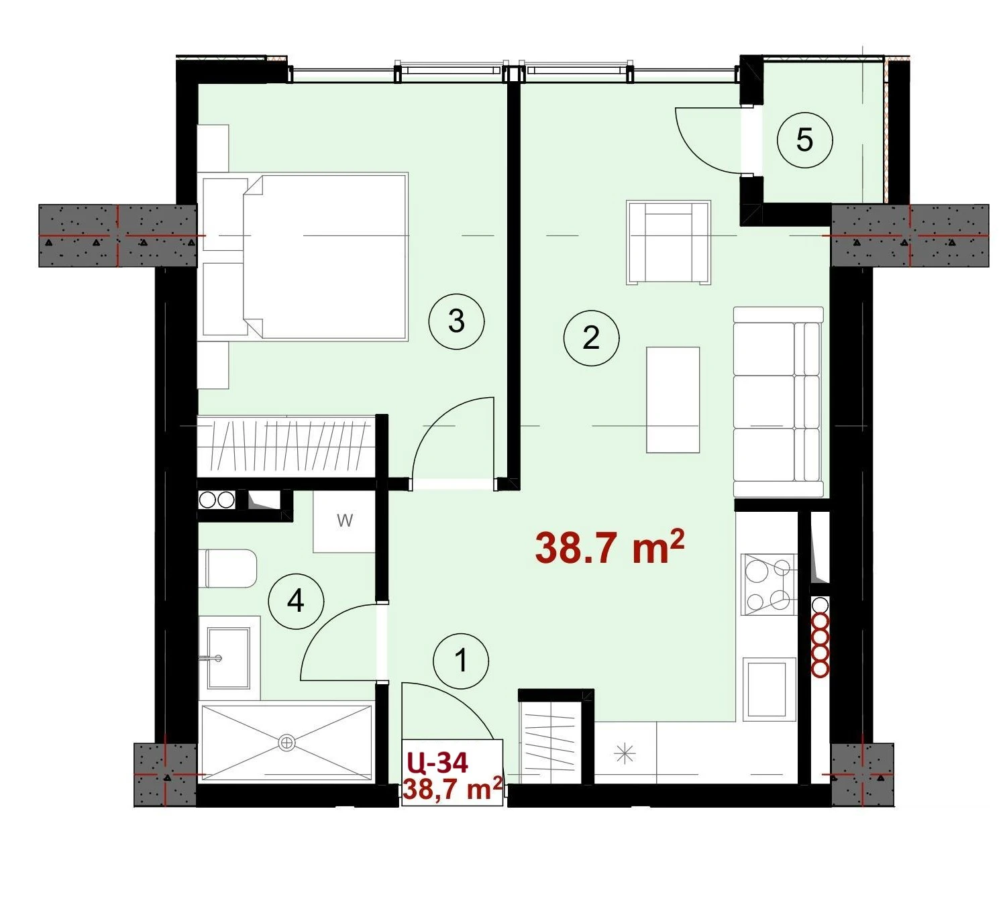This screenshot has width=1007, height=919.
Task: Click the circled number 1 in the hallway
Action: tap(461, 661)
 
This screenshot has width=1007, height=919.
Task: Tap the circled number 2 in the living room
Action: tap(591, 338)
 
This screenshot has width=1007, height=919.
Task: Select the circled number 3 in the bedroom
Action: tap(456, 321)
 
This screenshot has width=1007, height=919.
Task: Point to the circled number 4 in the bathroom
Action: tap(296, 601)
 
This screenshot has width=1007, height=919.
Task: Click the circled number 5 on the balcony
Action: tap(804, 140)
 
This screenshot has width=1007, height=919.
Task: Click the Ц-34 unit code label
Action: tap(437, 763)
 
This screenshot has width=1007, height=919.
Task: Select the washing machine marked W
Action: tap(344, 521)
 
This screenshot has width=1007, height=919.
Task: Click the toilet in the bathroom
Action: tap(228, 568)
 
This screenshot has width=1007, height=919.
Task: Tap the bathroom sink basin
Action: tap(228, 657)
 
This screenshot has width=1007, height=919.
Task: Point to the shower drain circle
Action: tap(286, 742)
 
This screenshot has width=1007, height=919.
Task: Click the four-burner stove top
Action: tap(768, 585)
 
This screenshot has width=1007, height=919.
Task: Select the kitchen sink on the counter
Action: tap(769, 690)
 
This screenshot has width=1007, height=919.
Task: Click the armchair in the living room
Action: tap(668, 242)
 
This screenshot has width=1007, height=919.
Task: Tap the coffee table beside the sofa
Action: tap(673, 400)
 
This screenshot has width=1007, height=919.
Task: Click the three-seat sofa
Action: tap(778, 402)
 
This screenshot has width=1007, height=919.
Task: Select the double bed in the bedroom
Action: tap(305, 256)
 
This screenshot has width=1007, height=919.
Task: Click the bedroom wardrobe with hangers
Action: tap(286, 445)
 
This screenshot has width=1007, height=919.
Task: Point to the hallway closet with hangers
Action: tap(551, 742)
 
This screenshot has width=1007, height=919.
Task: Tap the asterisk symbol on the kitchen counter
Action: tap(625, 754)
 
